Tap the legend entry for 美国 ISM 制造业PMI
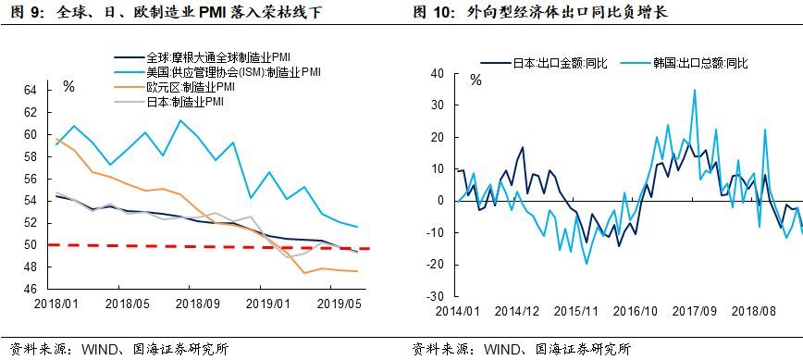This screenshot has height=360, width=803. click(x=217, y=71)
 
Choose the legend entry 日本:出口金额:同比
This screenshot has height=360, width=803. click(x=544, y=64)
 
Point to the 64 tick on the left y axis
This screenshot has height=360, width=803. click(x=31, y=91)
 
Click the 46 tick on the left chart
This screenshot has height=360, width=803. click(x=31, y=290)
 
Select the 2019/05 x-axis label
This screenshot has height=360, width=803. click(x=340, y=304)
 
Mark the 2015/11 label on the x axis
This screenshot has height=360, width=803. click(x=577, y=311)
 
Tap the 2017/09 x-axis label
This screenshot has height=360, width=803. click(x=695, y=311)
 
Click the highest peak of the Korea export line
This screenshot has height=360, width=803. click(x=695, y=90)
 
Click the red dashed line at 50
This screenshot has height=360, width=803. click(x=208, y=246)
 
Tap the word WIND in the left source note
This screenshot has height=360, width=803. click(x=97, y=350)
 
